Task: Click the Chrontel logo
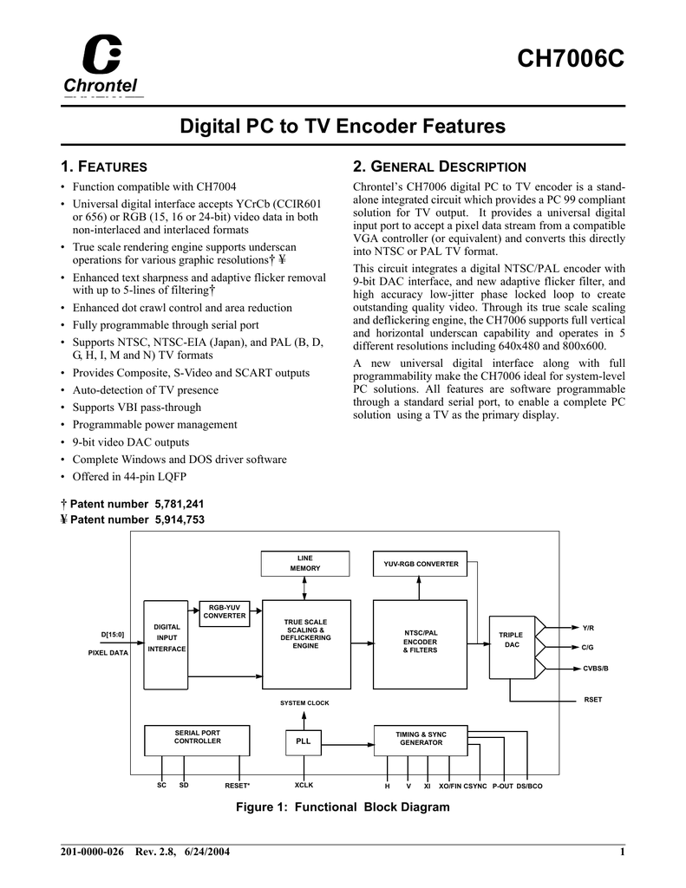point(102,64)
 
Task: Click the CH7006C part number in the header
point(571,58)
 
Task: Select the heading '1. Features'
point(104,166)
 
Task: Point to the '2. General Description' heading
point(440,166)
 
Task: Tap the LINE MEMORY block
point(304,564)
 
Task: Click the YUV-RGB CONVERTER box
point(421,564)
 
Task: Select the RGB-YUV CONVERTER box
point(225,614)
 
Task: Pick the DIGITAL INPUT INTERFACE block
point(166,644)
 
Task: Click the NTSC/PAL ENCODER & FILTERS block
point(421,644)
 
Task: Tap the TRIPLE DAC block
point(512,647)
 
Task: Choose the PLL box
point(303,742)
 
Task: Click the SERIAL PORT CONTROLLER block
point(197,741)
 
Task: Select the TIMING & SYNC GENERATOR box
point(421,741)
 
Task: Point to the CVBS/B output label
point(596,669)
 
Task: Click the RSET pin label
point(593,700)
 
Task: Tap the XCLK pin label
point(304,786)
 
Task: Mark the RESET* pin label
point(238,786)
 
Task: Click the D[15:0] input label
point(112,635)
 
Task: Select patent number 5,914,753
point(180,520)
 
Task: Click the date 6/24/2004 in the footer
point(207,852)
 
